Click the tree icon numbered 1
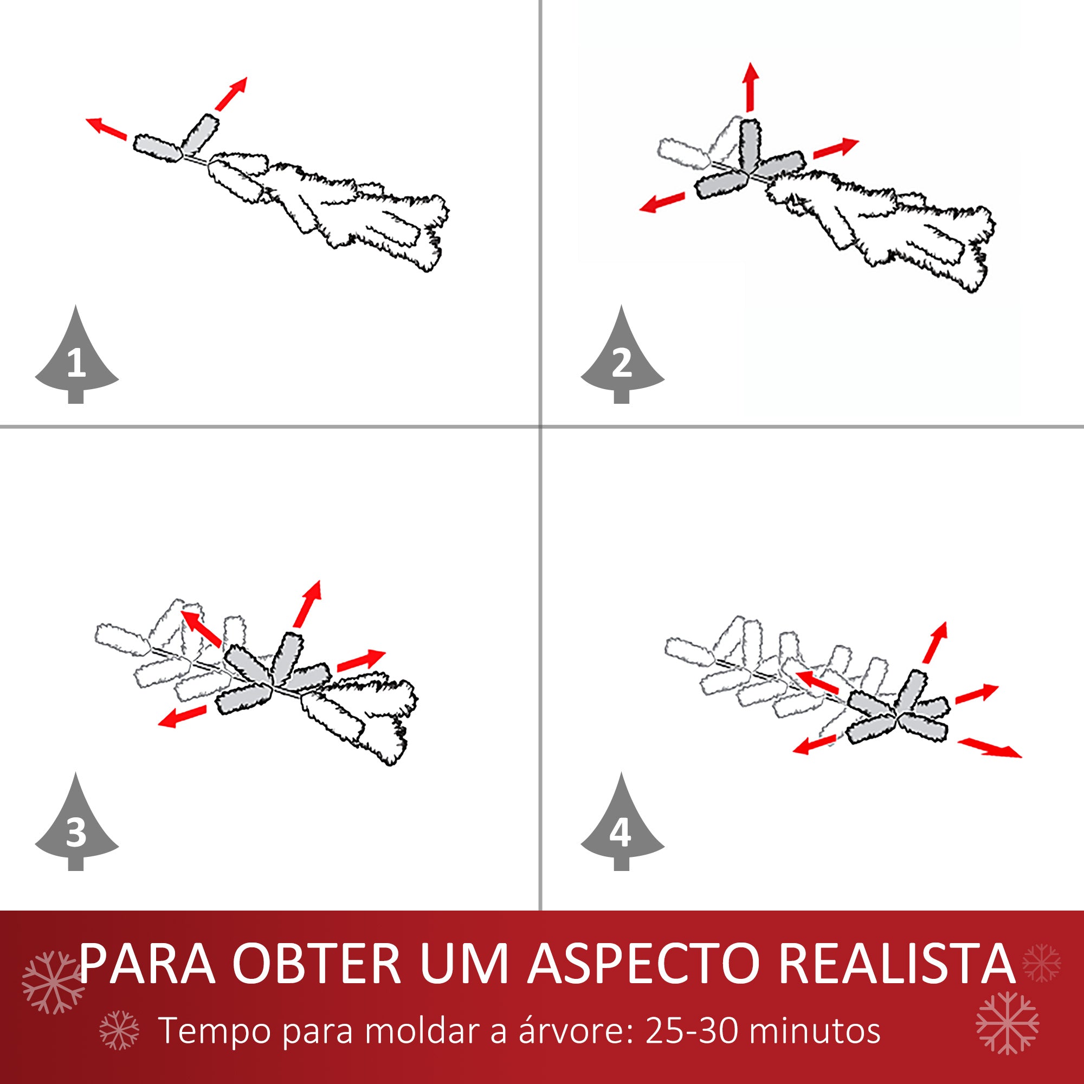coord(76,359)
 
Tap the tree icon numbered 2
coord(622,359)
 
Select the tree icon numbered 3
coord(76,827)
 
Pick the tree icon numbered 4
coord(622,827)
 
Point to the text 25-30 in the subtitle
coord(691,1031)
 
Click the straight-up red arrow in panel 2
coord(751,87)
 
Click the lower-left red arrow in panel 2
coord(662,202)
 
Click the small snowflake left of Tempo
coord(119,1030)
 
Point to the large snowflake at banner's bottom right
coord(1007,1023)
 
